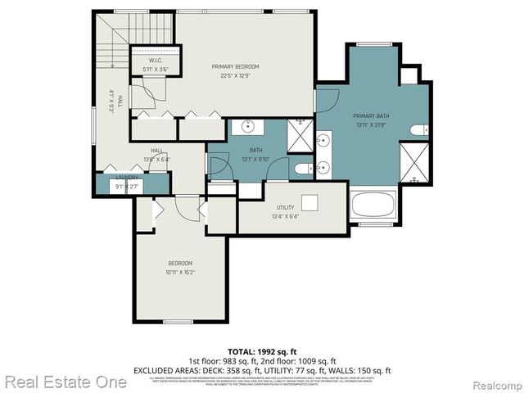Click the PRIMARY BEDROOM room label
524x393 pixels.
tap(235, 66)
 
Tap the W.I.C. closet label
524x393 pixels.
tap(156, 61)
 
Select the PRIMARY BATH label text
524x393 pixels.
tap(371, 116)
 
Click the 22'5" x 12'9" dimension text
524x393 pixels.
tap(235, 76)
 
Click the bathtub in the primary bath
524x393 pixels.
tap(373, 206)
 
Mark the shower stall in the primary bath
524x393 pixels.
tap(413, 162)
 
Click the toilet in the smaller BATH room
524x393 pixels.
tap(300, 169)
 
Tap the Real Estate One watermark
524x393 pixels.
tap(65, 382)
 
